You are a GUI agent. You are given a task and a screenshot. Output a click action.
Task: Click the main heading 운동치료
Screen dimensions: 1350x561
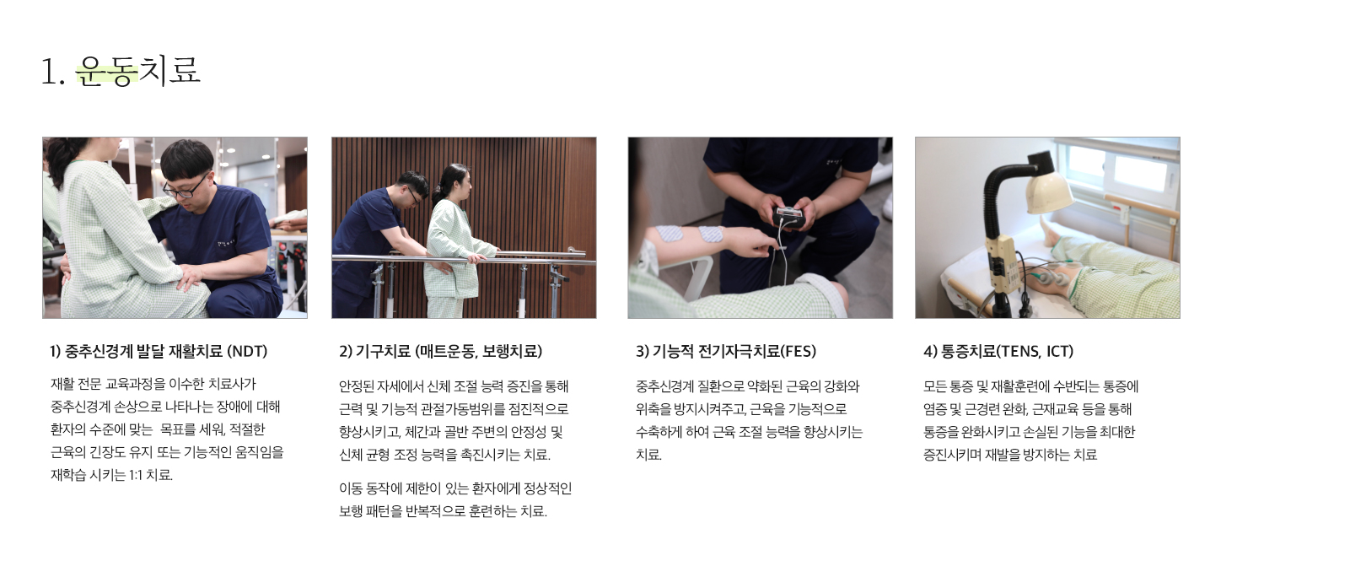coord(138,71)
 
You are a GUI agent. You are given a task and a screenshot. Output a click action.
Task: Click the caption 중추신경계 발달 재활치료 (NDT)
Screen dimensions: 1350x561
coord(159,351)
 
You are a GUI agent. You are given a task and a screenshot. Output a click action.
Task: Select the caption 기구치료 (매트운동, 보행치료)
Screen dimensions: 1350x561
coord(440,351)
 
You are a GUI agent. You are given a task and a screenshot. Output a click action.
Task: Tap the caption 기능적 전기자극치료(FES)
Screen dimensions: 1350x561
coord(726,351)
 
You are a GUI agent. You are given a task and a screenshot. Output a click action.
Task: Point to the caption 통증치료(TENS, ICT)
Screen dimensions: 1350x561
coord(998,351)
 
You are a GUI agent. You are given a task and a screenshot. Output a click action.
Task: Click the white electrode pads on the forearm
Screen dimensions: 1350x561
coord(690,234)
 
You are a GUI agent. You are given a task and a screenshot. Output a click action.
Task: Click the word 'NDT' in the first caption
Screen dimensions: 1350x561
coord(247,351)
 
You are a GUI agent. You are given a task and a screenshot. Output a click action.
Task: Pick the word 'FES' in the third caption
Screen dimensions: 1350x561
coord(798,351)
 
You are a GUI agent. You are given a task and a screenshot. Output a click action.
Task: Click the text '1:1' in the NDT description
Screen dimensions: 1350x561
coord(136,475)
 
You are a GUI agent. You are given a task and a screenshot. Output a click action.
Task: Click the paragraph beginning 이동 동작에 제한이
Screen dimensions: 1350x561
coord(455,499)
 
